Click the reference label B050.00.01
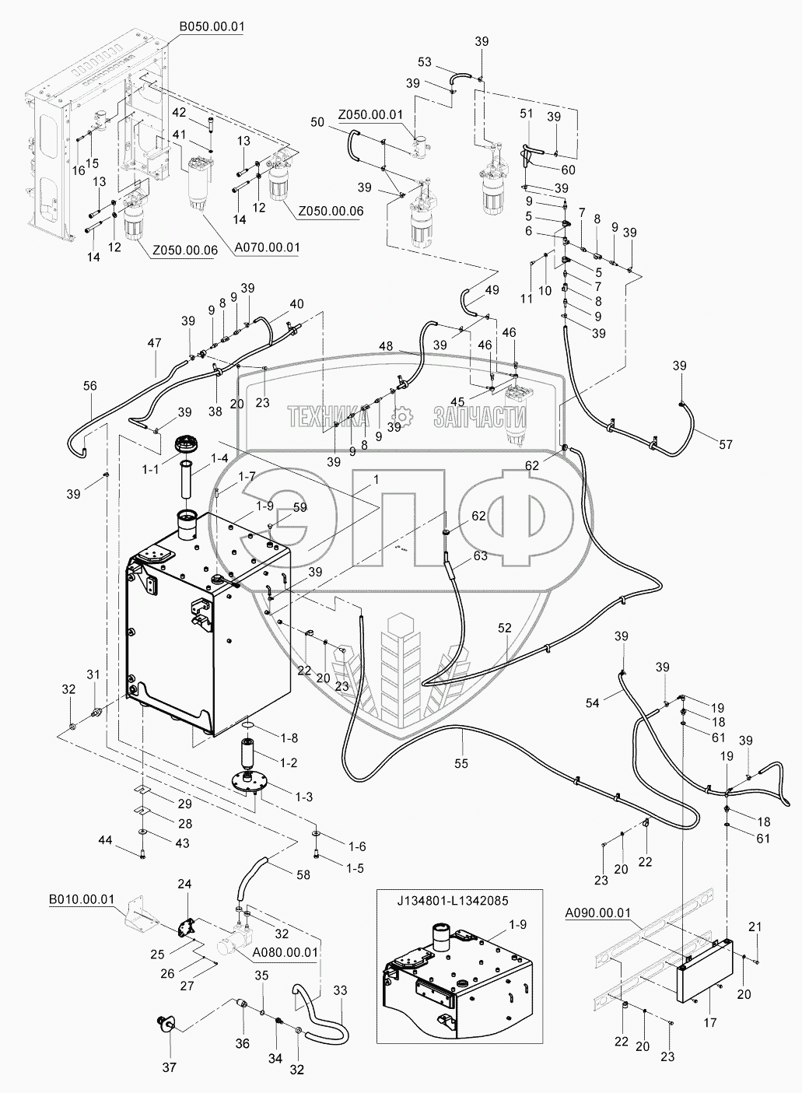(212, 26)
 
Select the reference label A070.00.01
(267, 248)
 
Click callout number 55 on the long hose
(461, 763)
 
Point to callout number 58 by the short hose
(303, 874)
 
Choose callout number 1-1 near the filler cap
(150, 470)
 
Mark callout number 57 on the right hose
(725, 444)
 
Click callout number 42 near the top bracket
(179, 112)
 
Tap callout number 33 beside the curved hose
(340, 990)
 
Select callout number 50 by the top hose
(317, 122)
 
